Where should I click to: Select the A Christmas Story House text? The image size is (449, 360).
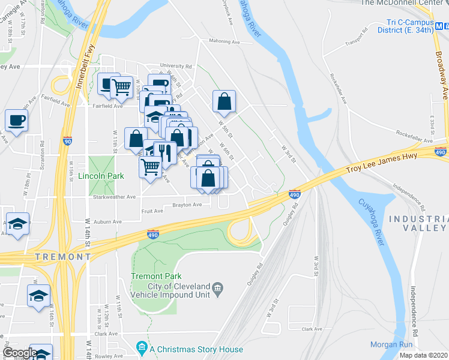click(x=196, y=349)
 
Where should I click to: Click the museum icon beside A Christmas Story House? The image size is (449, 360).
click(x=141, y=348)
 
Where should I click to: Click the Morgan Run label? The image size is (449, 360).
click(x=391, y=344)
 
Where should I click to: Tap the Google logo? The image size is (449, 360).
click(x=20, y=353)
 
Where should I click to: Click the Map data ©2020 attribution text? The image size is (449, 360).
click(x=423, y=355)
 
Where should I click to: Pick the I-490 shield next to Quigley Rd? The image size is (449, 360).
click(x=294, y=194)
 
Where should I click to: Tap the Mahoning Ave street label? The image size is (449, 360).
click(x=224, y=42)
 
